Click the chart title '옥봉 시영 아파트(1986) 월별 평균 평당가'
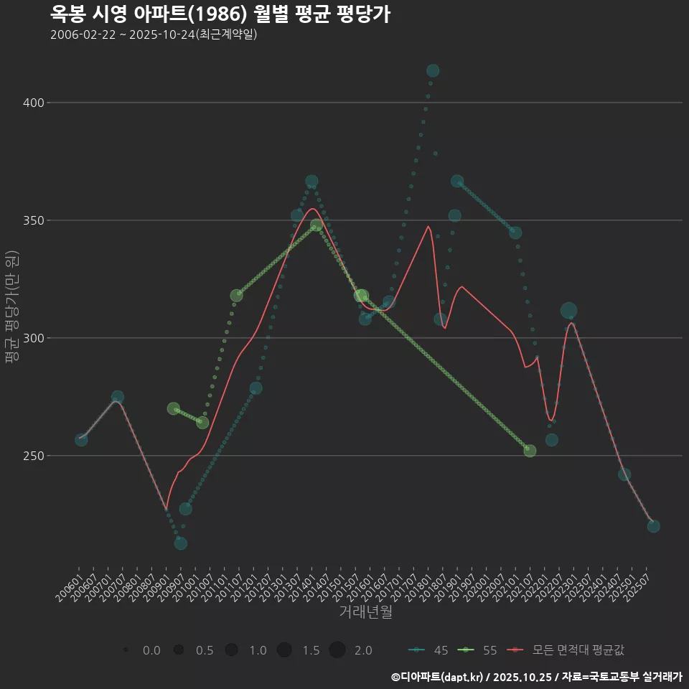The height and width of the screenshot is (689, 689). pyautogui.click(x=220, y=14)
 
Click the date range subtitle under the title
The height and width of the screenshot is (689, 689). pyautogui.click(x=154, y=34)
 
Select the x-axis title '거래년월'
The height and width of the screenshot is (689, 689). pyautogui.click(x=365, y=612)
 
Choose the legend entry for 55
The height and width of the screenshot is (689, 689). pyautogui.click(x=480, y=650)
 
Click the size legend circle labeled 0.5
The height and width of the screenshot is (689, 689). pyautogui.click(x=179, y=650)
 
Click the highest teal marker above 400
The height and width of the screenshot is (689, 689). pyautogui.click(x=433, y=70)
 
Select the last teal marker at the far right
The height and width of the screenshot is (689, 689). pyautogui.click(x=653, y=526)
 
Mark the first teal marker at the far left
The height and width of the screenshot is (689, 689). pyautogui.click(x=81, y=439)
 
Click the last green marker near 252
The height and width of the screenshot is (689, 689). pyautogui.click(x=530, y=451)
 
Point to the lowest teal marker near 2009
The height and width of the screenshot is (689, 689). pyautogui.click(x=181, y=543)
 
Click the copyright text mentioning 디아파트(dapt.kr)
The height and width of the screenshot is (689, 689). pyautogui.click(x=536, y=677)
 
